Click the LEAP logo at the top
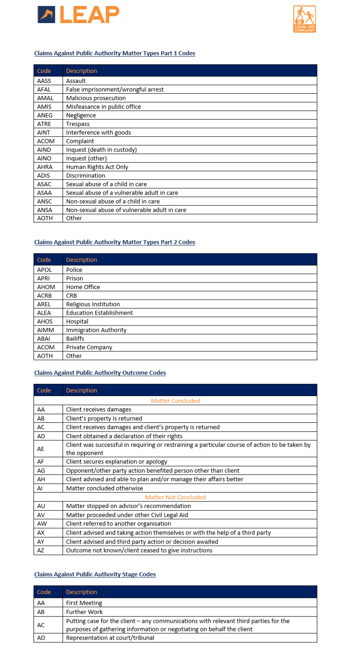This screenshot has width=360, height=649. click(78, 15)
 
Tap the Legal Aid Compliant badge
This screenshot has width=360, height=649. click(304, 19)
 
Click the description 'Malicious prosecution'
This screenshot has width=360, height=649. click(96, 98)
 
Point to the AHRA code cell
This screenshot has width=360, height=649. click(44, 167)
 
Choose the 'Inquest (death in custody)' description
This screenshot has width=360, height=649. click(101, 150)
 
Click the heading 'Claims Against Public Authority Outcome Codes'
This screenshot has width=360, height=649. click(100, 373)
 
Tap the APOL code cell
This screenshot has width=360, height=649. click(44, 270)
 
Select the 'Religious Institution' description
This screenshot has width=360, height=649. click(93, 304)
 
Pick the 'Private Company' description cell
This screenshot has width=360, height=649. click(89, 347)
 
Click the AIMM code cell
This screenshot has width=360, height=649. click(45, 330)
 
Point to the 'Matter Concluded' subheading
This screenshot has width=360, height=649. click(175, 401)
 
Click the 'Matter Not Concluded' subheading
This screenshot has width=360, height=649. click(175, 497)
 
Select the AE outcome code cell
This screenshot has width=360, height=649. click(41, 449)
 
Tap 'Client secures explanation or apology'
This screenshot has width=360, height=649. click(117, 461)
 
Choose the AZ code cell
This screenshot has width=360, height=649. click(41, 550)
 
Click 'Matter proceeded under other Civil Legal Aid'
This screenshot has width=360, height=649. click(127, 514)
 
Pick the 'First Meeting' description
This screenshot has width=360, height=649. click(84, 603)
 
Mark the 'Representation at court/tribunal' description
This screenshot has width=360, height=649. click(110, 638)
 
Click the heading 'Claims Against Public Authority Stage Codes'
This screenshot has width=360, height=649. click(95, 574)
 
